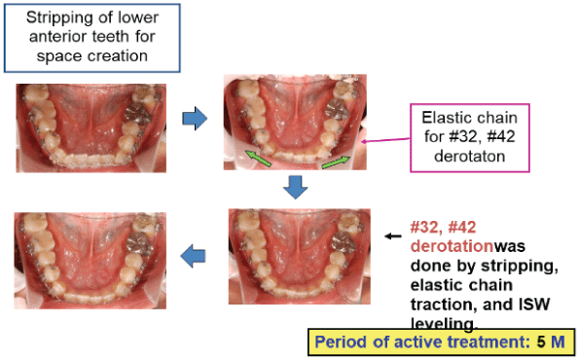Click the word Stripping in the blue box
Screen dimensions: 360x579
tap(55, 18)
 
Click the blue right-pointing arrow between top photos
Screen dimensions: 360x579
tap(197, 119)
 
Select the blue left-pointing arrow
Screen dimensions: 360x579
tap(196, 255)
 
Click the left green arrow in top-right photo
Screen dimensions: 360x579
tap(257, 156)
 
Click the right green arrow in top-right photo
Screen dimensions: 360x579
tap(335, 160)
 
